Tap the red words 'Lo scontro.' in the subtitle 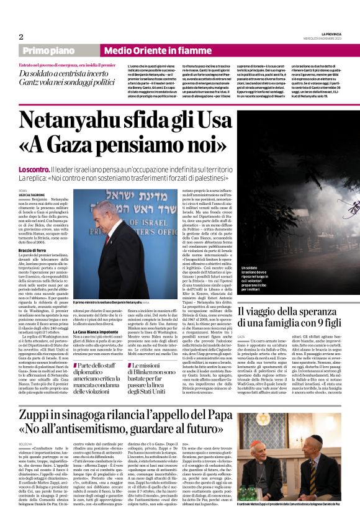35,169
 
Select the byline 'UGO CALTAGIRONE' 32,194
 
